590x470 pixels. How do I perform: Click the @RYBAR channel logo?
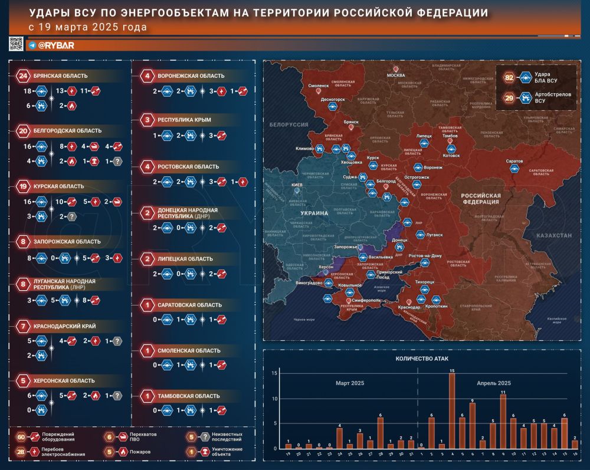pyautogui.click(x=55, y=45)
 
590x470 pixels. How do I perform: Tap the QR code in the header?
pyautogui.click(x=16, y=44)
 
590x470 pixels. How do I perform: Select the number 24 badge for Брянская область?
pyautogui.click(x=23, y=75)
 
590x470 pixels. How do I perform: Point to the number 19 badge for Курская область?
pyautogui.click(x=23, y=186)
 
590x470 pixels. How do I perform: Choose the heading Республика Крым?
pyautogui.click(x=185, y=120)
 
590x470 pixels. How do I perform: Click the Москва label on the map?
pyautogui.click(x=396, y=75)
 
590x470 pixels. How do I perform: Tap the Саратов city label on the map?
pyautogui.click(x=514, y=161)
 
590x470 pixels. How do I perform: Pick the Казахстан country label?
pyautogui.click(x=555, y=235)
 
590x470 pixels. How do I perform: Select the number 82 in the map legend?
pyautogui.click(x=509, y=77)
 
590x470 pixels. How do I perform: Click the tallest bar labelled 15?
pyautogui.click(x=452, y=410)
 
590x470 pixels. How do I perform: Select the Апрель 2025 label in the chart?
pyautogui.click(x=494, y=383)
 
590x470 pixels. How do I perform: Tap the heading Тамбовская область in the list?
pyautogui.click(x=189, y=396)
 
